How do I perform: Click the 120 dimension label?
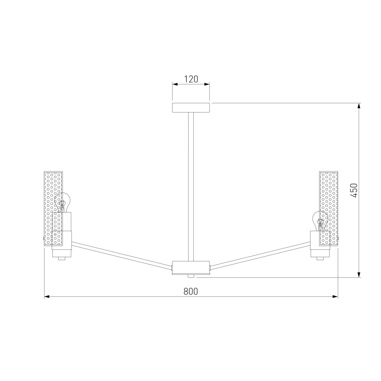coord(191,79)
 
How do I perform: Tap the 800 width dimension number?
coord(190,291)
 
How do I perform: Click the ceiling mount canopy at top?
coord(191,108)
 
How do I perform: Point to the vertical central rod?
coord(191,187)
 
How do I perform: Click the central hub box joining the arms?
coord(191,268)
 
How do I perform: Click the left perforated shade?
coord(53,209)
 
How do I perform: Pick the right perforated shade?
coord(328,209)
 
